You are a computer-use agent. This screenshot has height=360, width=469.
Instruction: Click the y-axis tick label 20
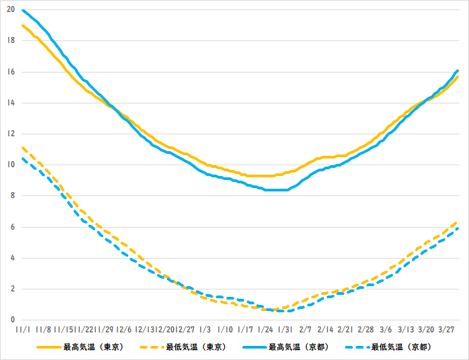tap(10, 10)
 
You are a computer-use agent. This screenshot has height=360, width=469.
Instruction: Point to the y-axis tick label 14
tap(10, 103)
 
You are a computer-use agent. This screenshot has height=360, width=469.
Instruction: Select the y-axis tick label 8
tap(12, 196)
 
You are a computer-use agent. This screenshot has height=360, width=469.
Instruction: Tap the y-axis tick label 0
tap(12, 320)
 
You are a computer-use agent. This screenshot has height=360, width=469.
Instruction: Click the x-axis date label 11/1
tap(21, 330)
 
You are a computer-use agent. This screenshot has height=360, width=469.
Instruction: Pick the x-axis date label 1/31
tap(285, 330)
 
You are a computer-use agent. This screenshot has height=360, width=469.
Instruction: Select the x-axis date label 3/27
tap(446, 330)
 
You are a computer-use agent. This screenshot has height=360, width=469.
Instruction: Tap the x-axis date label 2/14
tap(325, 330)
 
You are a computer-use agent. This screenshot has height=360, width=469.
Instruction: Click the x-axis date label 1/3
tap(205, 330)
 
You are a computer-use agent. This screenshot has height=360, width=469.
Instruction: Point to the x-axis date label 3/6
tap(386, 330)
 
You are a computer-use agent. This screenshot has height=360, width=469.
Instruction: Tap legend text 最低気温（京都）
tap(401, 347)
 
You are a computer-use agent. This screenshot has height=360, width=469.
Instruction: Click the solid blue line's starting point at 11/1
tap(23, 10)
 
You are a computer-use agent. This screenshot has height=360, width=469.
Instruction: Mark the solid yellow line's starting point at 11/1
tap(23, 26)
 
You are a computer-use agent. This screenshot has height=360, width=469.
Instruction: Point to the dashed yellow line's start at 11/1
tap(23, 148)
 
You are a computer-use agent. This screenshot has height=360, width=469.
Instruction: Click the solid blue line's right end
tap(458, 71)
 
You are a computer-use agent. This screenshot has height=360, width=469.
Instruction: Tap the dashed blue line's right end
tap(458, 228)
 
